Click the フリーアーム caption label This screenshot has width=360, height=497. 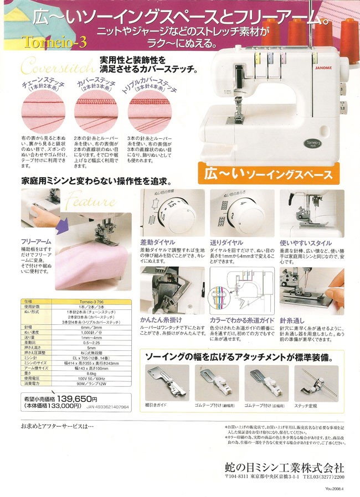point(37,242)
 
